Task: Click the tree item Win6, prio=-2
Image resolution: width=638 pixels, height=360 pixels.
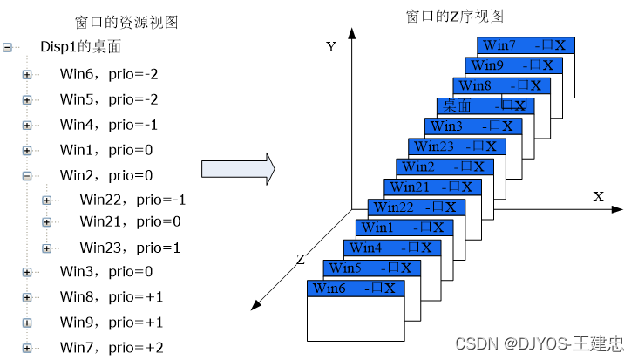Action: coord(108,75)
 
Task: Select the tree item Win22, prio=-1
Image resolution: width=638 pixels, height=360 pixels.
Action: coord(132,200)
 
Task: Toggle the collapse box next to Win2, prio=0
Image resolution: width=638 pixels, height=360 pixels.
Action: coord(26,175)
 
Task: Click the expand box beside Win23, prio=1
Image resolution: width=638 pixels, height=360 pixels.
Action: coord(46,248)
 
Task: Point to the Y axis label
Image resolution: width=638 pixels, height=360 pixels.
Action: coord(331,47)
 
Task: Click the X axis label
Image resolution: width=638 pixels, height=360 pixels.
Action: coord(598,197)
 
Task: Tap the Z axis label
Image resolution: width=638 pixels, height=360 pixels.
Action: coord(299,259)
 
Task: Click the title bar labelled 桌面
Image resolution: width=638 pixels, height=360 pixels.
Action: coord(485,105)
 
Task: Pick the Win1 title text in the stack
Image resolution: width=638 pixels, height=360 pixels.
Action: coord(378,228)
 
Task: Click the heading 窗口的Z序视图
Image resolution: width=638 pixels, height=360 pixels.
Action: coord(454,16)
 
